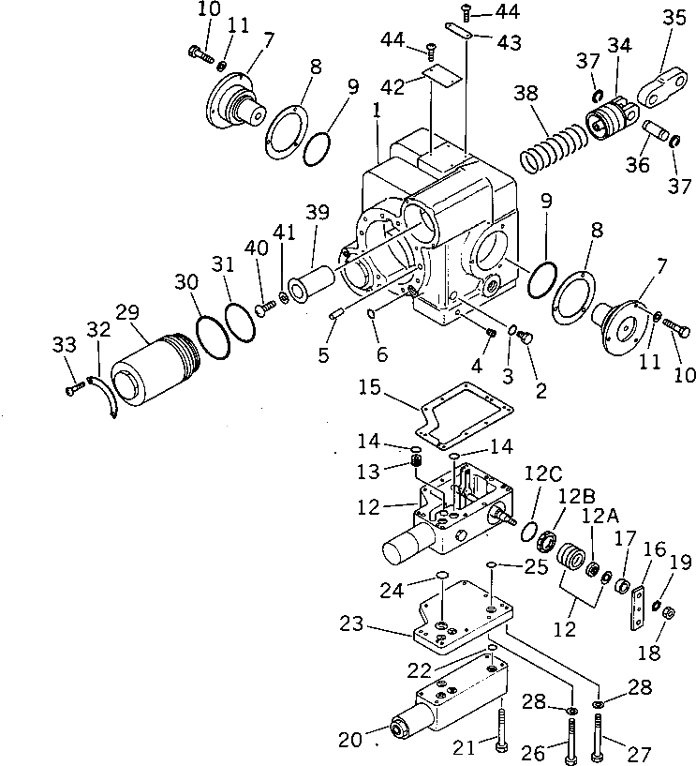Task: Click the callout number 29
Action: click(x=126, y=311)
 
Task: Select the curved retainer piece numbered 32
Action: click(x=102, y=392)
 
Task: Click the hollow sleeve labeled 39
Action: click(x=309, y=282)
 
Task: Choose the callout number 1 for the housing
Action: click(x=376, y=109)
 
